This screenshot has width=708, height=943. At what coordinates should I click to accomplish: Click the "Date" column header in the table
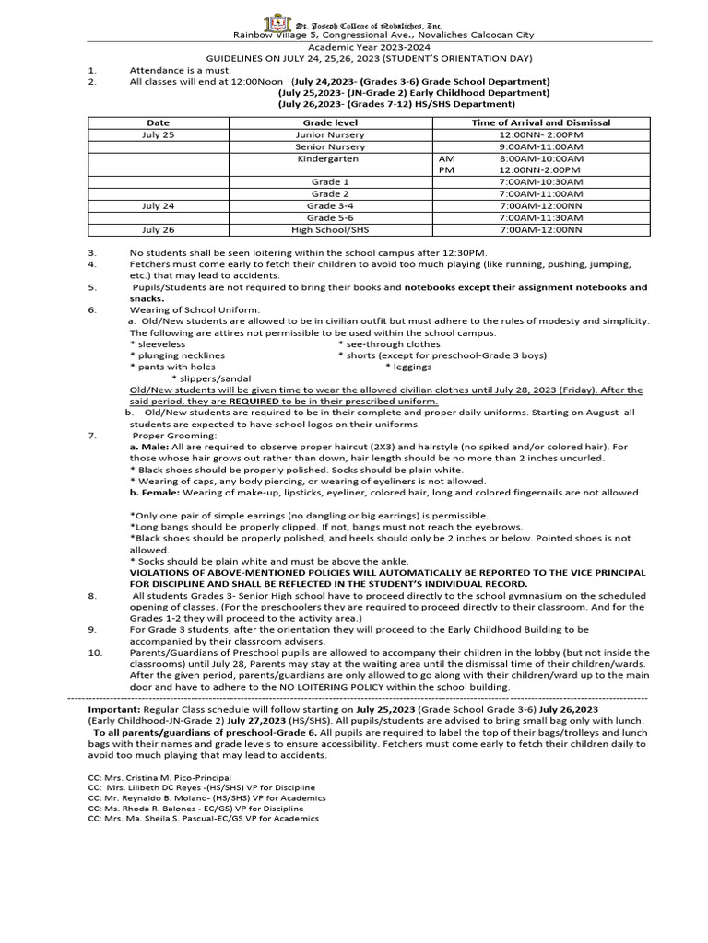tap(158, 122)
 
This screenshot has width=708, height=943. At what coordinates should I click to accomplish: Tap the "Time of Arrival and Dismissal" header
tap(540, 122)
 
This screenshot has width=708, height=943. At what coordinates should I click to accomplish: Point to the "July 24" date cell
tap(158, 205)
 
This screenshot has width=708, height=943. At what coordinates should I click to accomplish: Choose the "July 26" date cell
tap(158, 229)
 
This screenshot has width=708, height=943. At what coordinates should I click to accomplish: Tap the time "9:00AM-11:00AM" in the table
tap(540, 146)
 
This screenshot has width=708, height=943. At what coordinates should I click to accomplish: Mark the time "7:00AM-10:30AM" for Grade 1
tap(540, 182)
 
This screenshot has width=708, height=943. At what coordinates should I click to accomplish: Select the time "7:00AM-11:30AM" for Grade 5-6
tap(540, 217)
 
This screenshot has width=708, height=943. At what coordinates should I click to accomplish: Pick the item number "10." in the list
tap(95, 653)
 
